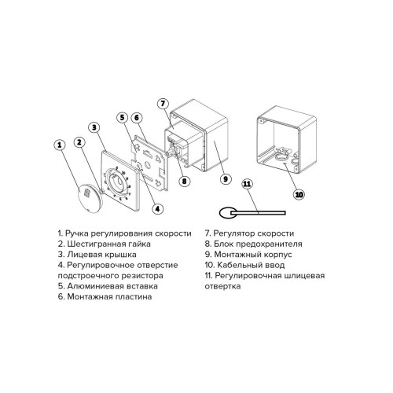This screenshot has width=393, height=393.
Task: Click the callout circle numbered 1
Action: tap(58, 145)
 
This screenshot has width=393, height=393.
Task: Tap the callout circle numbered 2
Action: tap(79, 142)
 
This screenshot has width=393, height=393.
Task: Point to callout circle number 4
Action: tap(158, 208)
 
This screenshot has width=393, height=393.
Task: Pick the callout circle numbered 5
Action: tap(122, 118)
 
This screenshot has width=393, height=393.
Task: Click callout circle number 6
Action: tap(136, 118)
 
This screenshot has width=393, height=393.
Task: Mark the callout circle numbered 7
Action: tap(163, 103)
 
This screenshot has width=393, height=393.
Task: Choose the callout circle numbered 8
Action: tap(184, 180)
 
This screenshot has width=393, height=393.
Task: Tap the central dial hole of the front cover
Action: tap(121, 183)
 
